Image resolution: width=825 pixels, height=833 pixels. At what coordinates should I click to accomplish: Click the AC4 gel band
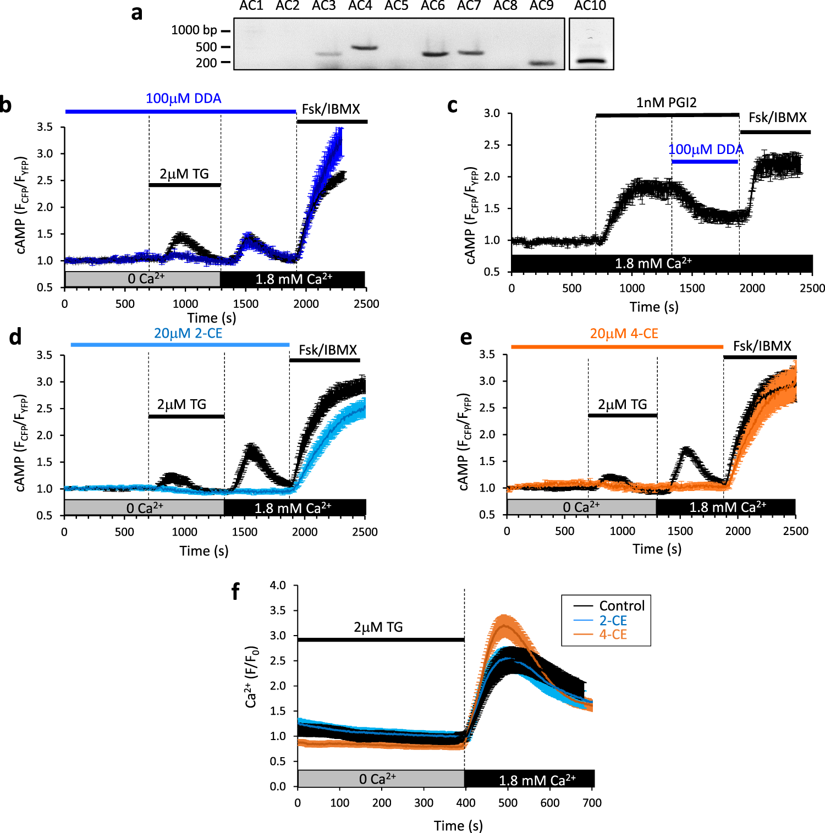[x=364, y=48]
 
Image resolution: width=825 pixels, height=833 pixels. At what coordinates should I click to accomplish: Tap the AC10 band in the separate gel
[x=591, y=60]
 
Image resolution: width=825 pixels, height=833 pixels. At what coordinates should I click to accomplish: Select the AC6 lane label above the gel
[x=432, y=6]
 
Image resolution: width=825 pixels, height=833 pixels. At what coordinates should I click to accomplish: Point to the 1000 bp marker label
[x=194, y=30]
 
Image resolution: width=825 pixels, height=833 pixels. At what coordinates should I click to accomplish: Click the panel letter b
[x=6, y=104]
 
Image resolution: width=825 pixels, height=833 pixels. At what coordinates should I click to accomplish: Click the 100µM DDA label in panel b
[x=183, y=98]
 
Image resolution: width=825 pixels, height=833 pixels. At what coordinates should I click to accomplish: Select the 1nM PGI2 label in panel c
[x=666, y=103]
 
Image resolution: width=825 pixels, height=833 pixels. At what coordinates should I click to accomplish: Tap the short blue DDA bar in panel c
[x=705, y=162]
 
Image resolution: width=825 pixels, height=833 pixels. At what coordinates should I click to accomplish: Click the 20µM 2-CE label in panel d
[x=188, y=333]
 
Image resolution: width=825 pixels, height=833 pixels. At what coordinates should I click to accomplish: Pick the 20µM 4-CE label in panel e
[x=624, y=334]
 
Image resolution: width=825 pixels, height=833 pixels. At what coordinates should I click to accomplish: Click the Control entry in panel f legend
[x=621, y=606]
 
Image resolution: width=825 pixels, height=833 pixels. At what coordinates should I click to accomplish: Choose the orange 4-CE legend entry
[x=613, y=635]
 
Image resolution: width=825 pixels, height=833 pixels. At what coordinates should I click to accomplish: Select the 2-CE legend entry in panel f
[x=613, y=620]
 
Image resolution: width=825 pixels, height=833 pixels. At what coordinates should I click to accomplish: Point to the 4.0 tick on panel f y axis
[x=278, y=585]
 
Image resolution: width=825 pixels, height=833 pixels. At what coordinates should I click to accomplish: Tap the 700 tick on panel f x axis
[x=592, y=803]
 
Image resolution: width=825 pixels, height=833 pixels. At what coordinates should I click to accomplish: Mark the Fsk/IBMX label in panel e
[x=762, y=346]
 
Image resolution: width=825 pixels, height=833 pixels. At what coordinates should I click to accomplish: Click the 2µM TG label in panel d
[x=182, y=405]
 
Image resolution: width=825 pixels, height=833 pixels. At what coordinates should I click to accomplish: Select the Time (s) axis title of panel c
[x=653, y=307]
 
